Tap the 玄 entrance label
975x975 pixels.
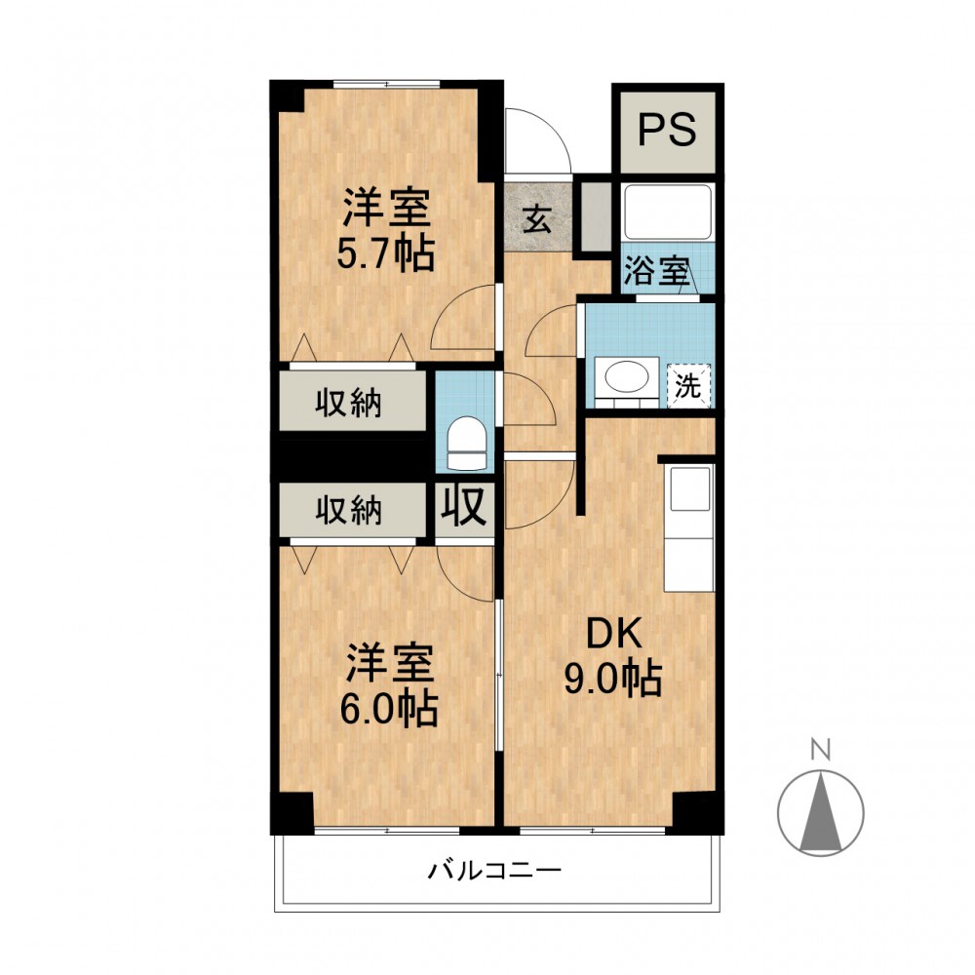point(537,218)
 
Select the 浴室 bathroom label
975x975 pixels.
point(655,271)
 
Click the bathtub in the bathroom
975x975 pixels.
point(668,212)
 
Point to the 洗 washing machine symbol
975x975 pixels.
point(687,385)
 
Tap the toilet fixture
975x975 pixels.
point(467,444)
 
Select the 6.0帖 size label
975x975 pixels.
point(389,709)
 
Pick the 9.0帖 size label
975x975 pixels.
point(612,678)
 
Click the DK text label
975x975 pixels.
point(613,635)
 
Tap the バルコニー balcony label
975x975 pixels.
point(494,870)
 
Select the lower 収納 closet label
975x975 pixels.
point(348,511)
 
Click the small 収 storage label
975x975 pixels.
point(464,506)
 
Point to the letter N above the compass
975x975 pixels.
point(821,750)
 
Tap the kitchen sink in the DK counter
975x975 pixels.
point(689,489)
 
